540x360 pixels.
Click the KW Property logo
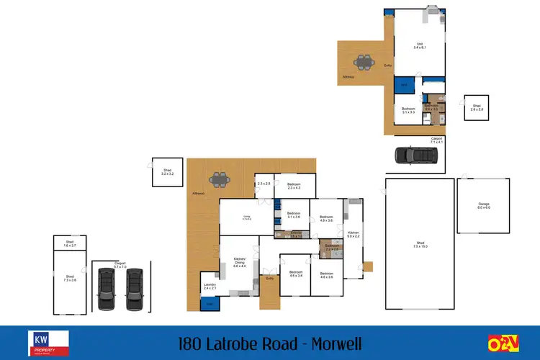click(48, 343)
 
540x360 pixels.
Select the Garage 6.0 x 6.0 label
click(484, 206)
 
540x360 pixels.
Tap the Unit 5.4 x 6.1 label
click(419, 45)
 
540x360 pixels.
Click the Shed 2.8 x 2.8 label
click(477, 107)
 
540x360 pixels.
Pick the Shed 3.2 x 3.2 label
click(167, 172)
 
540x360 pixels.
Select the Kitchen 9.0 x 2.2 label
click(354, 234)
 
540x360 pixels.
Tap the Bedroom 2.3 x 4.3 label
click(294, 186)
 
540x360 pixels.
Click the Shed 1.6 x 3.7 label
click(70, 243)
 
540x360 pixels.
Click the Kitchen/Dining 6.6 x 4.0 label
click(239, 263)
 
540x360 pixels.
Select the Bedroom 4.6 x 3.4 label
click(295, 274)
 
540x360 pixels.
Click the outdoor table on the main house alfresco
click(218, 178)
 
